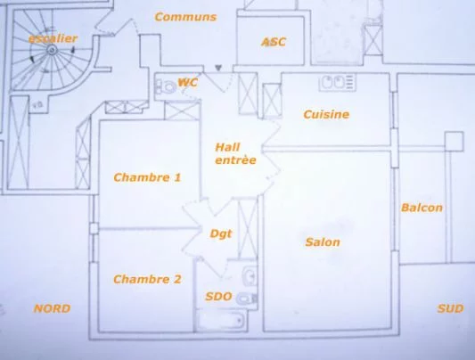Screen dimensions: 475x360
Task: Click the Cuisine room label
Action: point(326,114)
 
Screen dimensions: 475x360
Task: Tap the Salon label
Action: point(323,242)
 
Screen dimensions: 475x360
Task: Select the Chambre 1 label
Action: point(147,177)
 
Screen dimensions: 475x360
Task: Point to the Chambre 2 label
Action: point(147,279)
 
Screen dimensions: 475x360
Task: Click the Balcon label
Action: point(422,208)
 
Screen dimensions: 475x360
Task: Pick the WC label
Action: point(188,82)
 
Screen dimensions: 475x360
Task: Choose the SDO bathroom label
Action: point(218,297)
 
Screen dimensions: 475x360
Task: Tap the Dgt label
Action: point(221,233)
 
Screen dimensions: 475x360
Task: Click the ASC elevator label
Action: point(274,42)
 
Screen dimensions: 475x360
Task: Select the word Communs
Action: point(185,17)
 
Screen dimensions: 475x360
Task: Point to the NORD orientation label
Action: point(52,308)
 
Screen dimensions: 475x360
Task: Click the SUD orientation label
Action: point(450,309)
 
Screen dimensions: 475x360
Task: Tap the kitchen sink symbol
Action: point(337,82)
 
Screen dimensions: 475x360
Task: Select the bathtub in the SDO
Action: point(221,321)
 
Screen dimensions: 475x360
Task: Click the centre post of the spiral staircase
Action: point(52,49)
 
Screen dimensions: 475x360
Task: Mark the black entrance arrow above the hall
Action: point(217,68)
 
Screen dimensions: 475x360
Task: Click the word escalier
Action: point(53,38)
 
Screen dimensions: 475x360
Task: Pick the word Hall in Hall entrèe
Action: point(227,147)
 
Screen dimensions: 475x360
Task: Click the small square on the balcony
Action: point(455,141)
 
